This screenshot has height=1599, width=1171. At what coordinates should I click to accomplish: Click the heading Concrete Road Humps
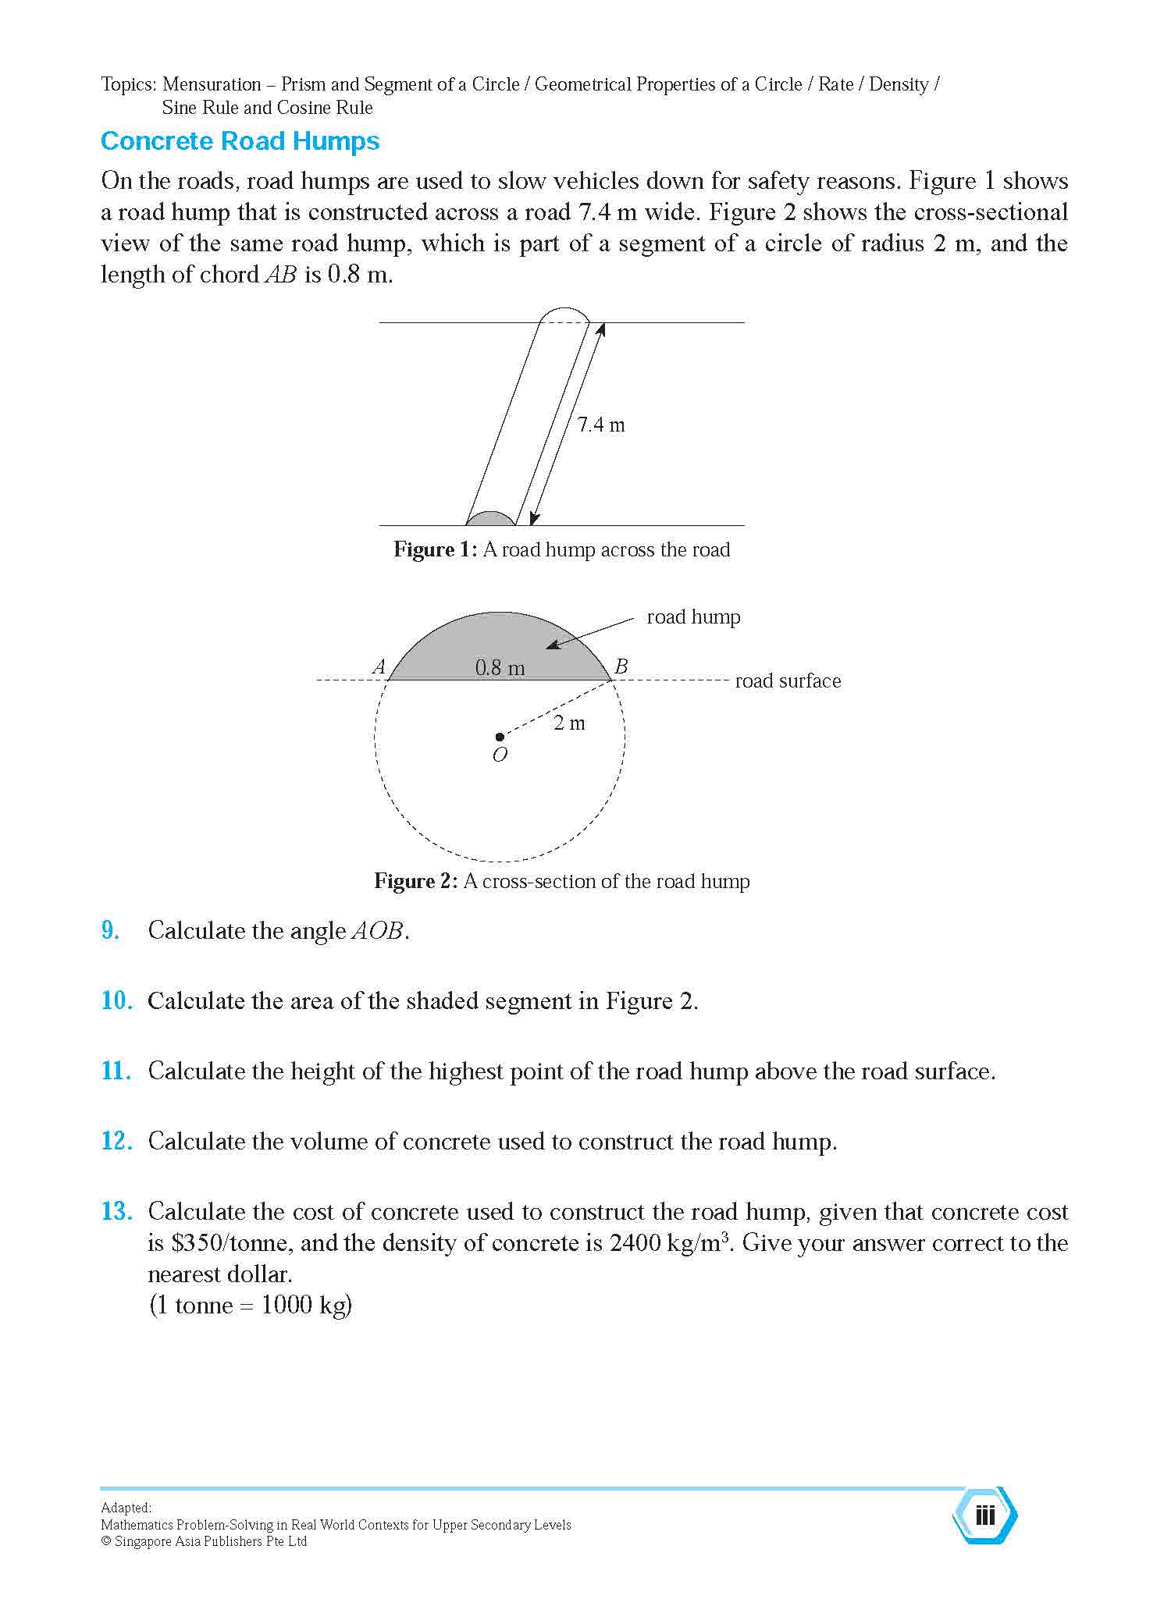(240, 141)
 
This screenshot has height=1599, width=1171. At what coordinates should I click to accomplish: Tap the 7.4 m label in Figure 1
(600, 425)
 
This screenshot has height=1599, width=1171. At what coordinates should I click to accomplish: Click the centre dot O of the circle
(500, 736)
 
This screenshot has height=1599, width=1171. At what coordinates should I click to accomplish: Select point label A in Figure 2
(379, 667)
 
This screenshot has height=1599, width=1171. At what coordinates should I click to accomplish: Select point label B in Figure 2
(621, 667)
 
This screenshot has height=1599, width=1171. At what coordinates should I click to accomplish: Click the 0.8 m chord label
(500, 668)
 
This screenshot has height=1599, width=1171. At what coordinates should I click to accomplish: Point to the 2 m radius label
(569, 723)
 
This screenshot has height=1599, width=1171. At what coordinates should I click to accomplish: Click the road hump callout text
(693, 617)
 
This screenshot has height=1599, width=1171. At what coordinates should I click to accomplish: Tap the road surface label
(788, 681)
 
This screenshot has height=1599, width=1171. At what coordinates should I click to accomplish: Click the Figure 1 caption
(561, 549)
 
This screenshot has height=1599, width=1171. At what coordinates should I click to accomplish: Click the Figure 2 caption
(561, 881)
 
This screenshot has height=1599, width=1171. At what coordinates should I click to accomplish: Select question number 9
(110, 930)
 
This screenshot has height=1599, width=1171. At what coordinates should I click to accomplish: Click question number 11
(116, 1071)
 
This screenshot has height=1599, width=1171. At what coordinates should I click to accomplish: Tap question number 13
(116, 1211)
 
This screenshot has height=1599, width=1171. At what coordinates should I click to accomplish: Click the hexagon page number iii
(985, 1515)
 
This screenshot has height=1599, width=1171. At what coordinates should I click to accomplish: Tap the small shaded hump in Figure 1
(491, 518)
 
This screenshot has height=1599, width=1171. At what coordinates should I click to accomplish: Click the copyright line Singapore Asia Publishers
(204, 1541)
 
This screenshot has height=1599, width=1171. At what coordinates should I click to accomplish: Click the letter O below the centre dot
(500, 755)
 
